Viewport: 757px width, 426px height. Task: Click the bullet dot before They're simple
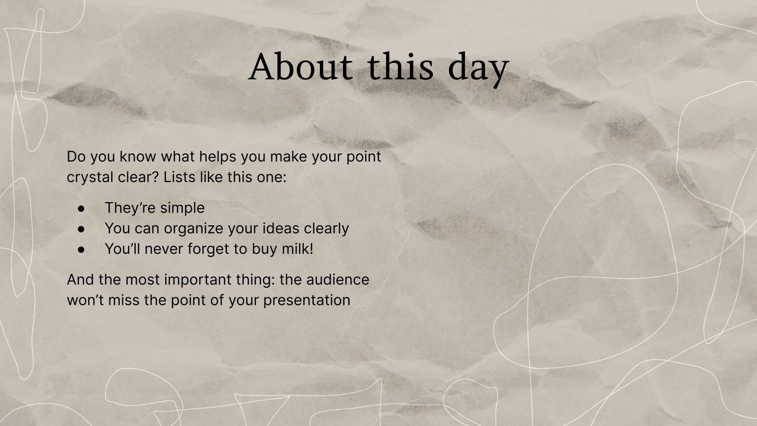click(x=81, y=208)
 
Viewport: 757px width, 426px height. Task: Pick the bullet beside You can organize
click(x=81, y=228)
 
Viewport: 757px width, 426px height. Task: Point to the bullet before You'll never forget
click(x=81, y=249)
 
